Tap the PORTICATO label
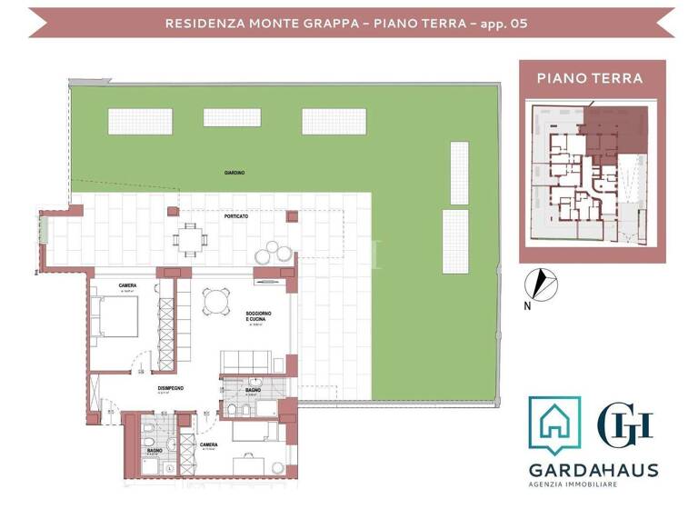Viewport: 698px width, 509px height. tap(237, 217)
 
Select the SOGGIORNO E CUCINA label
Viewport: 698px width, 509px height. tap(258, 317)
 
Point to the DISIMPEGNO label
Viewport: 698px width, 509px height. tap(170, 388)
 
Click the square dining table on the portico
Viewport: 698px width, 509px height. tap(192, 240)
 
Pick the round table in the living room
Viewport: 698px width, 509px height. tap(215, 300)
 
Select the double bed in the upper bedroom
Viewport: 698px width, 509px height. tap(116, 318)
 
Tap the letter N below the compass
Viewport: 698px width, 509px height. tap(527, 306)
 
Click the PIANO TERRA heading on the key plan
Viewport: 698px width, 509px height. tap(590, 78)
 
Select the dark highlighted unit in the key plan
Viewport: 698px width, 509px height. tap(613, 127)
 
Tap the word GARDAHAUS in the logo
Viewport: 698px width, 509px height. tap(593, 470)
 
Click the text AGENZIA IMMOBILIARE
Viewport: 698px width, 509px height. tap(593, 487)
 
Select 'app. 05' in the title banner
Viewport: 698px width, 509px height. tap(510, 22)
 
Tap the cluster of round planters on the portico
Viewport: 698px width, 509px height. tap(276, 254)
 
